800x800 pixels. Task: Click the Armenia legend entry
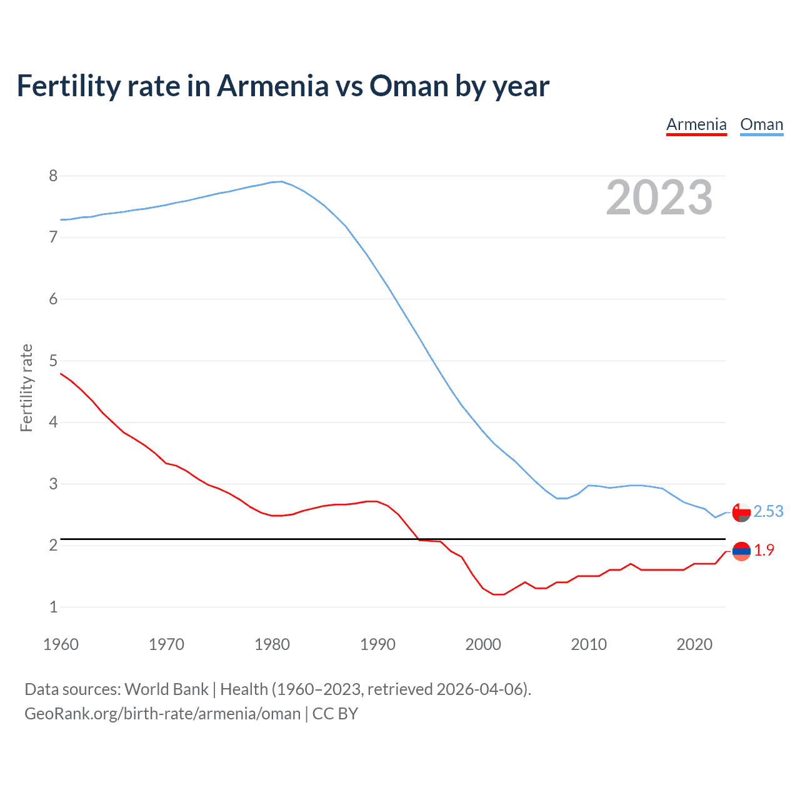point(696,124)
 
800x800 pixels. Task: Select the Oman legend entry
point(761,124)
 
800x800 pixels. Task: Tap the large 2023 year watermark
point(659,197)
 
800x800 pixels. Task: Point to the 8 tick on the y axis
point(53,176)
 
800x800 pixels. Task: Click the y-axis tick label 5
point(53,361)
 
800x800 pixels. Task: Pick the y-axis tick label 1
point(53,607)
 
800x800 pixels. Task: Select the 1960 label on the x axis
point(61,644)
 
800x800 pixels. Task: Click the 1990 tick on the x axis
point(377,644)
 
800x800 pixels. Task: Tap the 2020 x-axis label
point(694,644)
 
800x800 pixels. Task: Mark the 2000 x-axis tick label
point(483,644)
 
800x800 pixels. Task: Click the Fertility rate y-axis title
point(26,387)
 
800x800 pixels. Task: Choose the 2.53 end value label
point(768,511)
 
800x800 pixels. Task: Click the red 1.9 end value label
point(764,550)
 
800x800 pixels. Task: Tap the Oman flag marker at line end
point(741,512)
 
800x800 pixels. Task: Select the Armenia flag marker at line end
point(741,551)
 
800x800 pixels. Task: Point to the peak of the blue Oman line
point(282,181)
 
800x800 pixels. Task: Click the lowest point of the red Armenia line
point(498,594)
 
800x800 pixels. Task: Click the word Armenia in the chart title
point(272,86)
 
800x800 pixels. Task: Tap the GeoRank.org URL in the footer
point(162,714)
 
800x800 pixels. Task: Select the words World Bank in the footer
point(166,689)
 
